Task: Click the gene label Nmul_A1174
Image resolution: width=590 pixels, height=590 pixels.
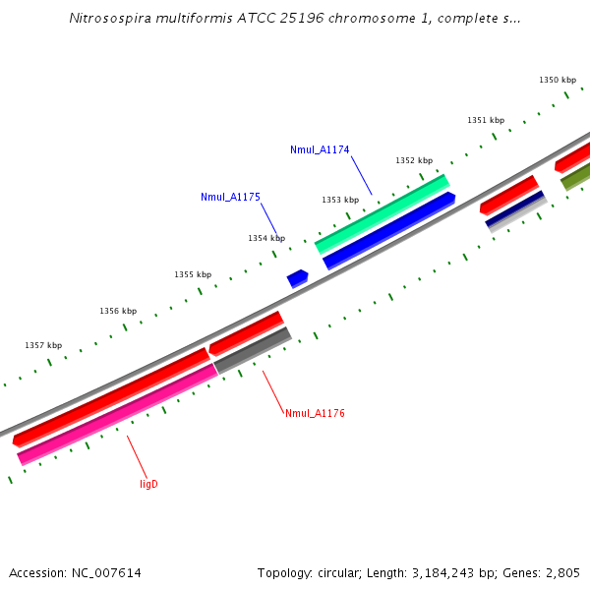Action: click(320, 149)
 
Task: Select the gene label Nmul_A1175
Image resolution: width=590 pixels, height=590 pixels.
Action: click(230, 197)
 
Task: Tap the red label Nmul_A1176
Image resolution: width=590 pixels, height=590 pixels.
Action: click(315, 413)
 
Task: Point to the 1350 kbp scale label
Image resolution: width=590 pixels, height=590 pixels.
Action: click(558, 80)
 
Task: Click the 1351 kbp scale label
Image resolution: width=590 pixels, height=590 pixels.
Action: click(486, 120)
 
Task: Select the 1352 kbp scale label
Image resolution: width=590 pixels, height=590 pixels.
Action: click(414, 160)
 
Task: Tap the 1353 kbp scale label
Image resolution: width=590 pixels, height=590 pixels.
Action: click(340, 200)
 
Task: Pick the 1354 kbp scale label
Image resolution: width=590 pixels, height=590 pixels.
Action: click(266, 238)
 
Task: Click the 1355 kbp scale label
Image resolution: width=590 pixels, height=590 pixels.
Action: click(193, 274)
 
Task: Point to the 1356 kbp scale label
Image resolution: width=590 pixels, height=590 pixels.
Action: click(118, 311)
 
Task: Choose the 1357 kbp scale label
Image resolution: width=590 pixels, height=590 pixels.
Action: click(43, 345)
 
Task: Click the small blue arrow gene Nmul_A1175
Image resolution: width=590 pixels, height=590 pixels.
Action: click(297, 278)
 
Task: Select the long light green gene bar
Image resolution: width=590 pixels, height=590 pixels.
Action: click(382, 213)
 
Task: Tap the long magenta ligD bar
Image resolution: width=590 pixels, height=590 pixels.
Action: click(118, 414)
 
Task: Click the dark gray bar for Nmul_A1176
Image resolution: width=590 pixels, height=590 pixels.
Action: click(253, 350)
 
